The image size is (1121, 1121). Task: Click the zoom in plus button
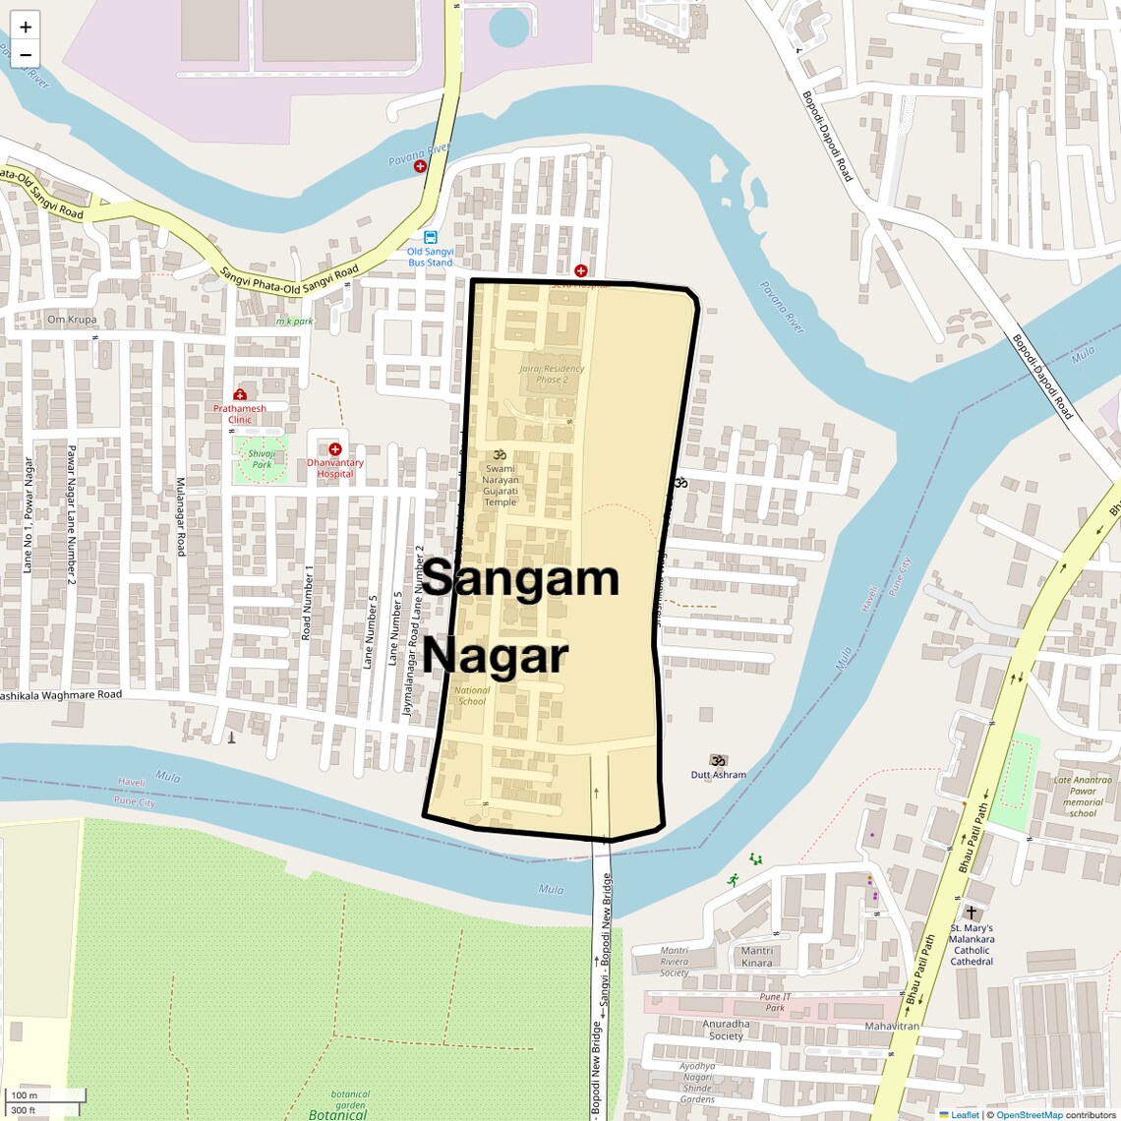tap(26, 27)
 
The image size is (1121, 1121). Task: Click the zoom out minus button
tap(26, 55)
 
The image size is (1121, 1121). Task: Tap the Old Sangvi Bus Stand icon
tap(431, 237)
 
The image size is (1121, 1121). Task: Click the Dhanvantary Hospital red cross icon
tap(335, 449)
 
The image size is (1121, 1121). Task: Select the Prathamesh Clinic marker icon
tap(240, 395)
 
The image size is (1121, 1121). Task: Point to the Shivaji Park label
tap(262, 459)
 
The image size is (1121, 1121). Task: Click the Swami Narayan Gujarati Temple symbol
tap(499, 454)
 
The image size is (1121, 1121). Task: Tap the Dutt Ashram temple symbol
tap(719, 760)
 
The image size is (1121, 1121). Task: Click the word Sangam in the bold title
tap(521, 578)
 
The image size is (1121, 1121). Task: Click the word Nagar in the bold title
tap(497, 656)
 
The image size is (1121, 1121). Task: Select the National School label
tap(473, 695)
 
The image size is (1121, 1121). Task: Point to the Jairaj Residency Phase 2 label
tap(552, 374)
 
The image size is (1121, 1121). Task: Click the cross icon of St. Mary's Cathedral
tap(972, 913)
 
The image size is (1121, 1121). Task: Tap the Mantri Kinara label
tap(757, 956)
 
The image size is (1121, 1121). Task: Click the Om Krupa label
tap(72, 320)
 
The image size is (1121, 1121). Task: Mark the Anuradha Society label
tap(727, 1029)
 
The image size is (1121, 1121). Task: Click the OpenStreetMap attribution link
tap(1030, 1114)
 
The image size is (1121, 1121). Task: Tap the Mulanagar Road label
tap(180, 517)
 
